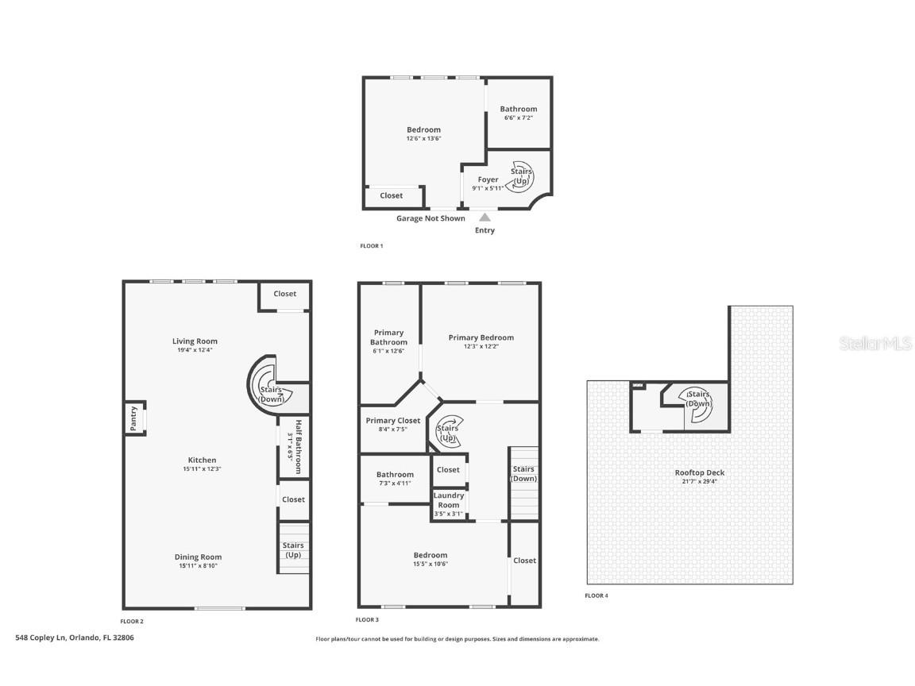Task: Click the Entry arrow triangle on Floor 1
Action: point(485,217)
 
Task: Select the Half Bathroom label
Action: point(299,447)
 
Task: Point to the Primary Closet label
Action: point(392,421)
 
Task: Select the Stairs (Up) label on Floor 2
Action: point(293,549)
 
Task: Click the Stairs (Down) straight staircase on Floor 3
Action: point(523,484)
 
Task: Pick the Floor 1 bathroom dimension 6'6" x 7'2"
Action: point(519,118)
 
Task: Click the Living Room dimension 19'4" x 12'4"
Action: point(195,350)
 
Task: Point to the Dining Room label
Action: point(198,557)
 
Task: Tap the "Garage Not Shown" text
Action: point(430,218)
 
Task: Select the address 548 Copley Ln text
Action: point(75,637)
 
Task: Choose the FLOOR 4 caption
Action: point(596,595)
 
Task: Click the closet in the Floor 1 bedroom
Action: point(392,195)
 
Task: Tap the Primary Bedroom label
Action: point(481,337)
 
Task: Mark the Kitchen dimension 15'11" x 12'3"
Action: point(202,468)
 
